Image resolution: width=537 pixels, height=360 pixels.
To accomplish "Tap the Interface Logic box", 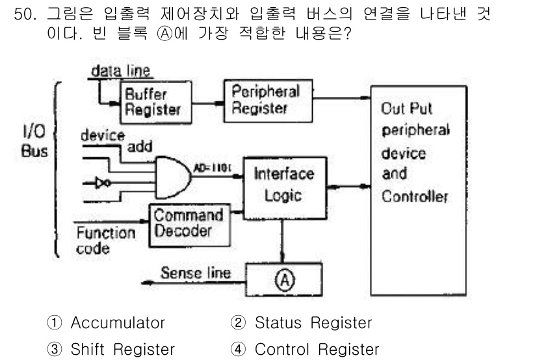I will click(x=283, y=185).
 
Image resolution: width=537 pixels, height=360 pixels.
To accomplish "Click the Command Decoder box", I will click(x=187, y=223).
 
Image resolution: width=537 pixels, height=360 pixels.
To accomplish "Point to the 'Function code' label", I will click(x=105, y=240).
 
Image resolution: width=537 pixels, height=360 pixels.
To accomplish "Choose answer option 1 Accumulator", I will click(x=108, y=323).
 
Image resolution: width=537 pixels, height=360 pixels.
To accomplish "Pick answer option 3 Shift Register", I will click(x=113, y=350).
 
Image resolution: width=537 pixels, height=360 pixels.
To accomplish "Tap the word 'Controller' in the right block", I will click(x=414, y=196).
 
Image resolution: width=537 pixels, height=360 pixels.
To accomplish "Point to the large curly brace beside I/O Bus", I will click(x=57, y=169).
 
